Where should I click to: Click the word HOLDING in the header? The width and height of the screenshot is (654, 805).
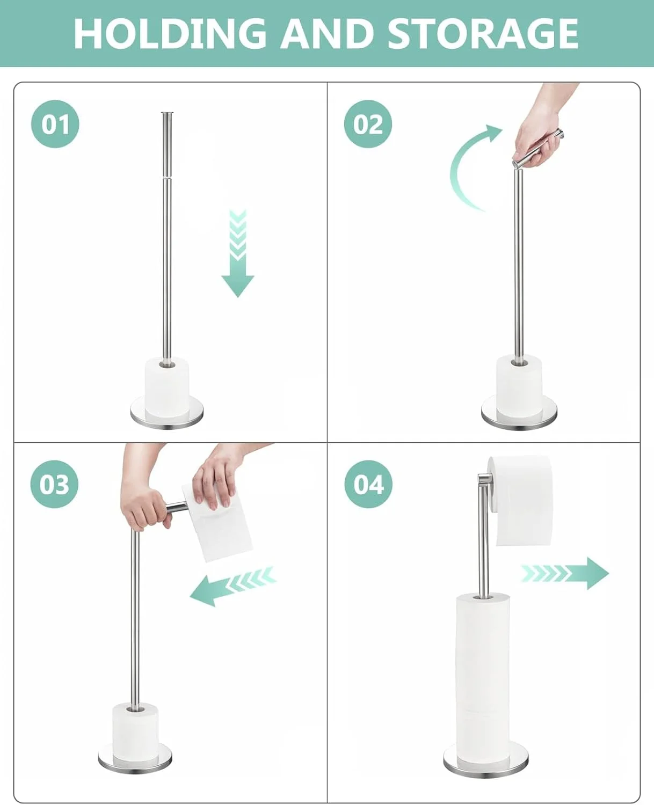click(170, 34)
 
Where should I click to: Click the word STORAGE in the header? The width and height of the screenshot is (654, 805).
click(483, 34)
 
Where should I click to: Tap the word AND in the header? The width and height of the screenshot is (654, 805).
click(327, 34)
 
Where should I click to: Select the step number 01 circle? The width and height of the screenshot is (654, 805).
click(55, 124)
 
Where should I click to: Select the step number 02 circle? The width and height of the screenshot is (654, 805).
click(368, 124)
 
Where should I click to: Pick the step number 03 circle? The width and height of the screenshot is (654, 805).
click(54, 484)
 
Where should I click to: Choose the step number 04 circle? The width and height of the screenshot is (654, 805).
click(368, 484)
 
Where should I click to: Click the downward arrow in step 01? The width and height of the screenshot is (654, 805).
click(238, 253)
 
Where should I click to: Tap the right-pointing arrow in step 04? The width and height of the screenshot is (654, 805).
click(565, 573)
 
